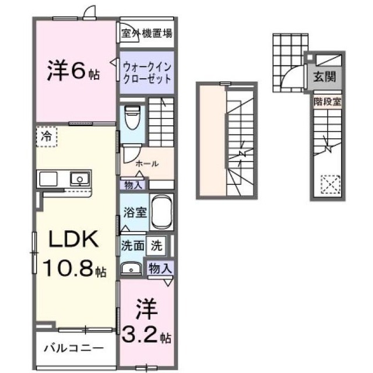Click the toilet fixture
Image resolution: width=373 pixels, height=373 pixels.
point(132,117)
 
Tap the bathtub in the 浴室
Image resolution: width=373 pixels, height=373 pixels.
point(162,212)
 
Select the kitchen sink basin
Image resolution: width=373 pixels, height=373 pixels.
point(80,179)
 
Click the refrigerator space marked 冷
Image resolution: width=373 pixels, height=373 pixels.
point(47,136)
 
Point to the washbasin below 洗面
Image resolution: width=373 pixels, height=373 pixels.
point(131,269)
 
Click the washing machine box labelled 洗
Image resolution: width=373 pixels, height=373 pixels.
point(156,246)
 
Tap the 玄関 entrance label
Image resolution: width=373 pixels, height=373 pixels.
point(324,77)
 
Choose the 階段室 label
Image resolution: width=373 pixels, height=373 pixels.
point(328,102)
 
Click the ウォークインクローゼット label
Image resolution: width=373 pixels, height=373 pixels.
point(147,73)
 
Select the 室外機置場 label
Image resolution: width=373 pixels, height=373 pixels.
point(146,34)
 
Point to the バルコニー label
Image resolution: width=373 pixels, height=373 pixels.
point(74,349)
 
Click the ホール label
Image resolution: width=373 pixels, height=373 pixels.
point(147,164)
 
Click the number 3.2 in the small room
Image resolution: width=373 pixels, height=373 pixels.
point(140,334)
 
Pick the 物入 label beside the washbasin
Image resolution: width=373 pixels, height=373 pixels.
point(160,269)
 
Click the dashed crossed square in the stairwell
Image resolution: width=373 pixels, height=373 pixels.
point(330,184)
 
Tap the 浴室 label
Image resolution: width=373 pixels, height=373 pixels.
point(135,212)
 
